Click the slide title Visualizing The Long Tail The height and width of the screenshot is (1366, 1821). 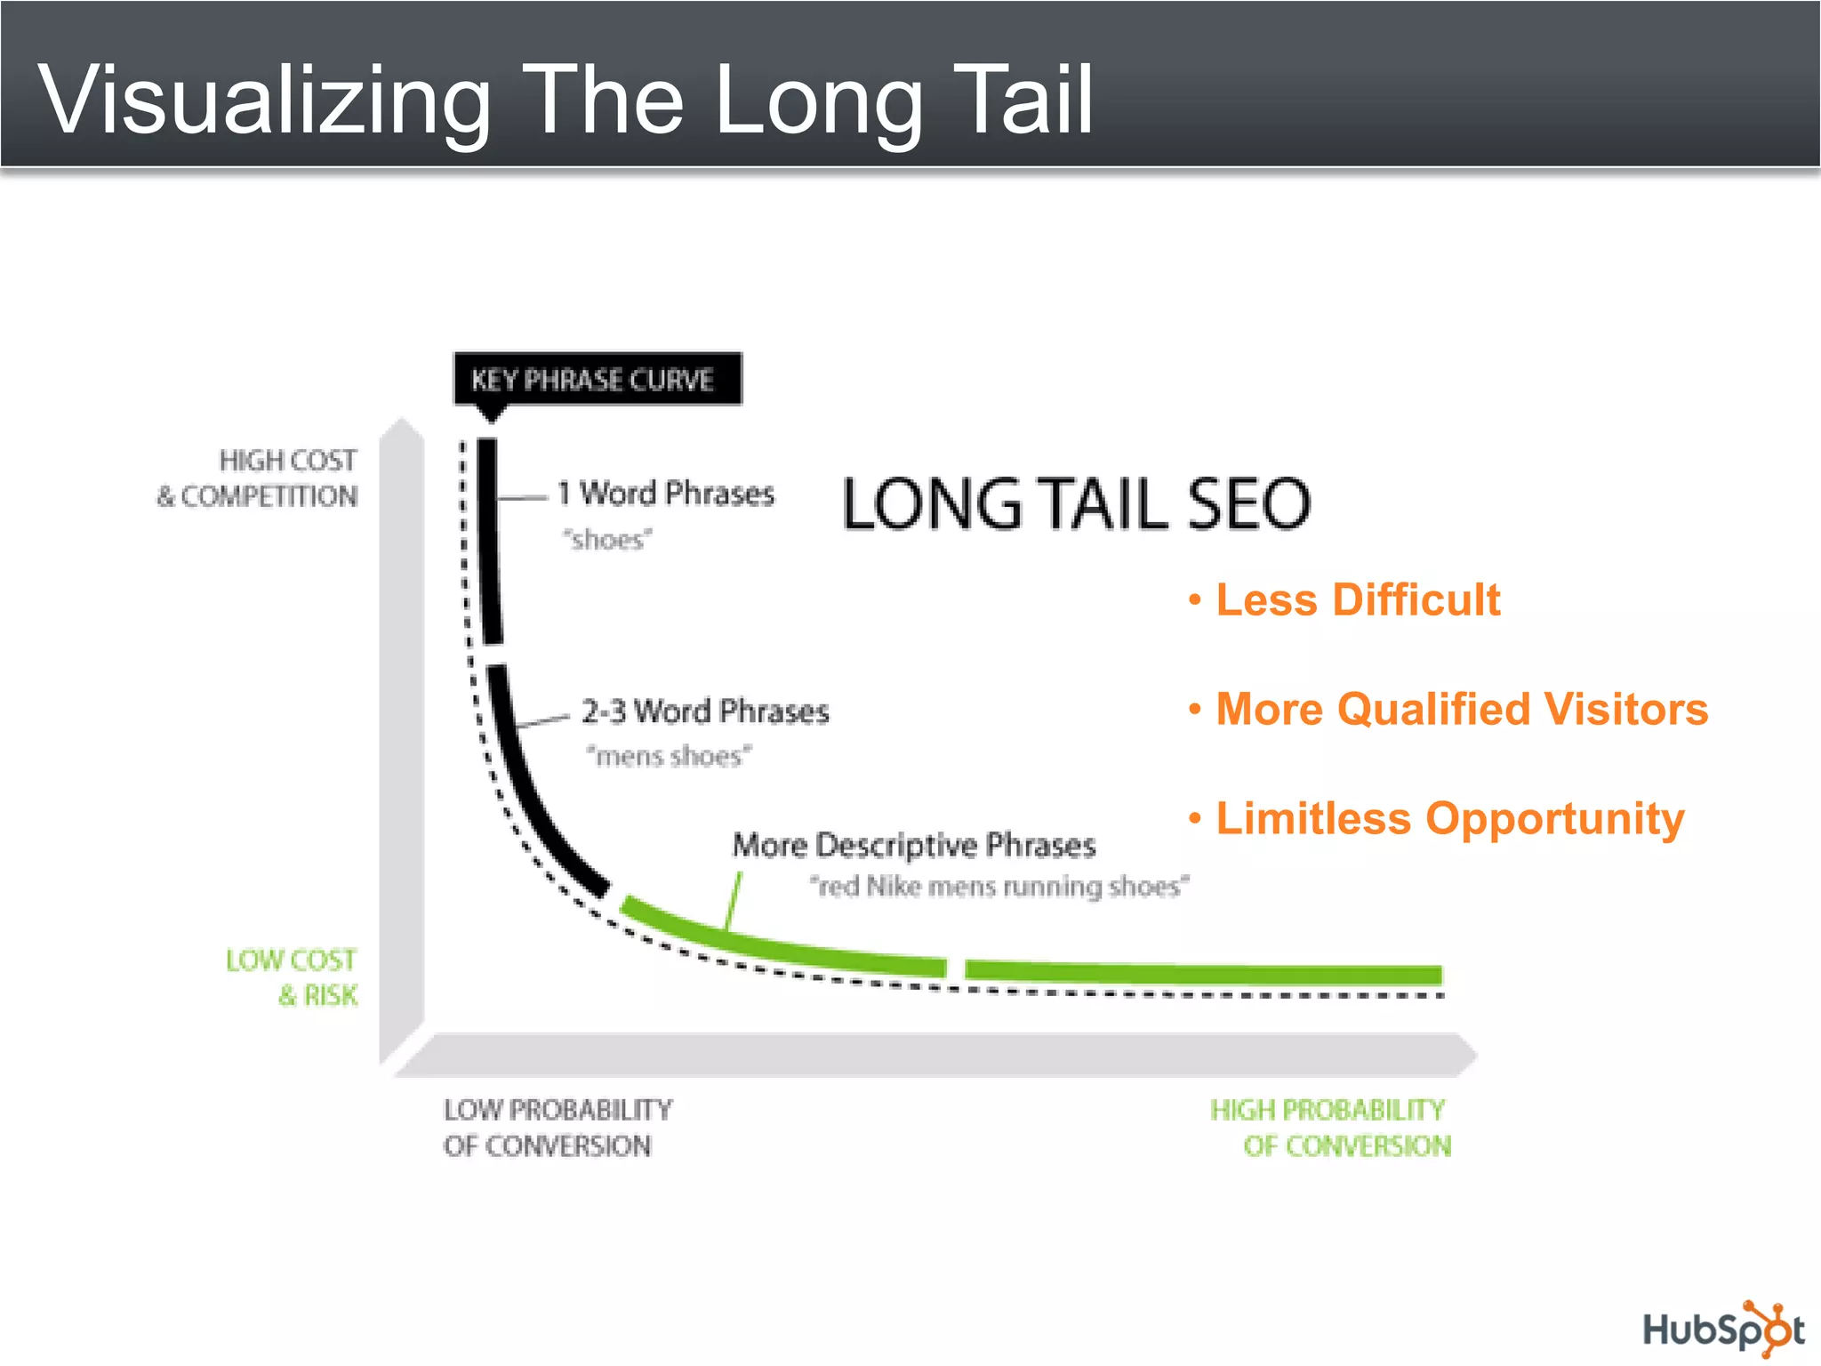pos(566,100)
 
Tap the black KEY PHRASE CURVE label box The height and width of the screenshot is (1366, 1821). pos(597,380)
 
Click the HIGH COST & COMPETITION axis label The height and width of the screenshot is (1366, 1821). pos(259,478)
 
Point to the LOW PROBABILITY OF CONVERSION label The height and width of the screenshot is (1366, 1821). pos(558,1128)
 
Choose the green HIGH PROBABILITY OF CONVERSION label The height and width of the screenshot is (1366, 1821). pos(1329,1128)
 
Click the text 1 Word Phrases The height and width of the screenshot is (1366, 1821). pos(666,493)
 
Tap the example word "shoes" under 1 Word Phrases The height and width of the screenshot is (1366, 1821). pos(607,540)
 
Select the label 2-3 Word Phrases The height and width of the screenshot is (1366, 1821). pos(704,711)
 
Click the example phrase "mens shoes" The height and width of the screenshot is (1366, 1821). pos(669,756)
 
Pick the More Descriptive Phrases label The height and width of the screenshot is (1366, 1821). pos(913,845)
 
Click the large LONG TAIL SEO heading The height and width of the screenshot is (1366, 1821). pos(1076,504)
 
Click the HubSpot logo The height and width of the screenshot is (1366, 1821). pos(1722,1330)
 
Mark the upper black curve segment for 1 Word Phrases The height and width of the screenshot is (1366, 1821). pos(489,542)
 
